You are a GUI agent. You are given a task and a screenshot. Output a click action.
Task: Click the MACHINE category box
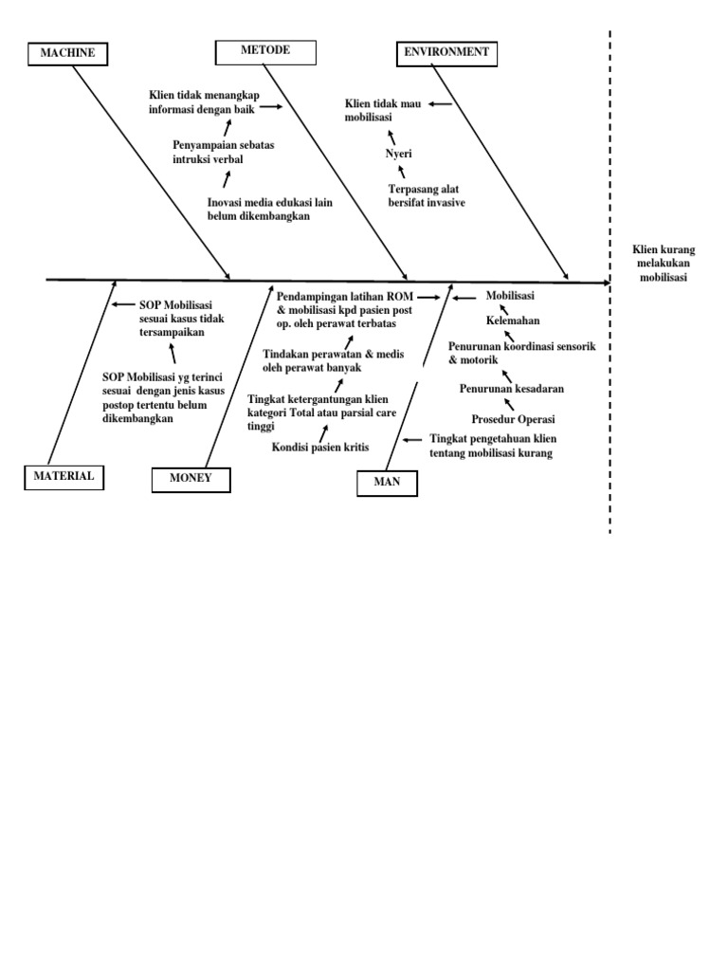coord(67,53)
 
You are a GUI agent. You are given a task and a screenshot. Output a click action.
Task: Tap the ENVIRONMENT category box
coord(446,53)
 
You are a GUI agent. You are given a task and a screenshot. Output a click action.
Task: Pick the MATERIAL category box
coord(64,477)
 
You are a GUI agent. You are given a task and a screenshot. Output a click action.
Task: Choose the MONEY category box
coord(191,479)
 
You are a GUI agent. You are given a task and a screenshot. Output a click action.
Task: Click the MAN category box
coord(388,483)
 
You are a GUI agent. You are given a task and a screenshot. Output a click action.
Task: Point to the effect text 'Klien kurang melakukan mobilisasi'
coord(664,264)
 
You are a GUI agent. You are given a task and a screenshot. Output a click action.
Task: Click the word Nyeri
coord(398,154)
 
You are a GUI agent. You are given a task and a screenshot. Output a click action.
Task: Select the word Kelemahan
coord(513,321)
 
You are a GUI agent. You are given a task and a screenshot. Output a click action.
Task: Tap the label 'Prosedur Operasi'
coord(513,419)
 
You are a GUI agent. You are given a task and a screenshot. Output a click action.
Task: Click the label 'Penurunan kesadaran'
coord(512,389)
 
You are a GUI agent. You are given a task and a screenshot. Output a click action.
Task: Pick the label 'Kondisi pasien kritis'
coord(320,447)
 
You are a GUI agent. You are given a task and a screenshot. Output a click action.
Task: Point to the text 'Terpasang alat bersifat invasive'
coord(427,196)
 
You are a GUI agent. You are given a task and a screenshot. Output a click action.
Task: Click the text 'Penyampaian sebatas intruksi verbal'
coord(221,152)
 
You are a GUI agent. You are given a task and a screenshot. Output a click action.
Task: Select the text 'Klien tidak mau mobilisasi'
coord(382,110)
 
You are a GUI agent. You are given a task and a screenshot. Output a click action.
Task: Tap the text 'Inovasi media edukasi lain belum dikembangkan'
coord(269,210)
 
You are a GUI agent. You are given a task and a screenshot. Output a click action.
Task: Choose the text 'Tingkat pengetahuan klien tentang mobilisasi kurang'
coord(491,447)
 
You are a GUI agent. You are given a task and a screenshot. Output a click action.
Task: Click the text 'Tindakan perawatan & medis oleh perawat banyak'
coord(333,359)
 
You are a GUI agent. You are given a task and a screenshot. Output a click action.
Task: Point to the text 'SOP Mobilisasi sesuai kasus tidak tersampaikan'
coord(181,319)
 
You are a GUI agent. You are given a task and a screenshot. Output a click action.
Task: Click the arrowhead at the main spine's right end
coord(604,282)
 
